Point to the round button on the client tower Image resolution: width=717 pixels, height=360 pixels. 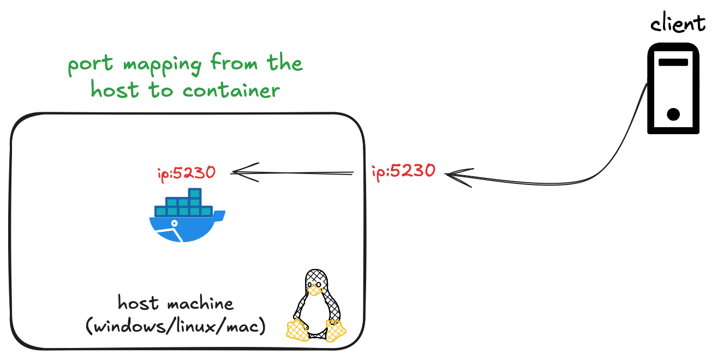click(x=673, y=115)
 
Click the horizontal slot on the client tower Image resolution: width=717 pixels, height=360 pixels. click(x=673, y=62)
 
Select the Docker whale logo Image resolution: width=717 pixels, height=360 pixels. click(x=186, y=218)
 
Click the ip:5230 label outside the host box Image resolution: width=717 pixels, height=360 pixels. click(x=403, y=171)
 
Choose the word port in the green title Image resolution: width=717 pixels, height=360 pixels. click(x=91, y=65)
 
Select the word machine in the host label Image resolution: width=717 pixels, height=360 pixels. click(x=195, y=303)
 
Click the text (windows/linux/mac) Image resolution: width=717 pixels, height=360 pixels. click(x=176, y=327)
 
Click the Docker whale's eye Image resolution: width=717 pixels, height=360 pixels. click(x=175, y=224)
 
